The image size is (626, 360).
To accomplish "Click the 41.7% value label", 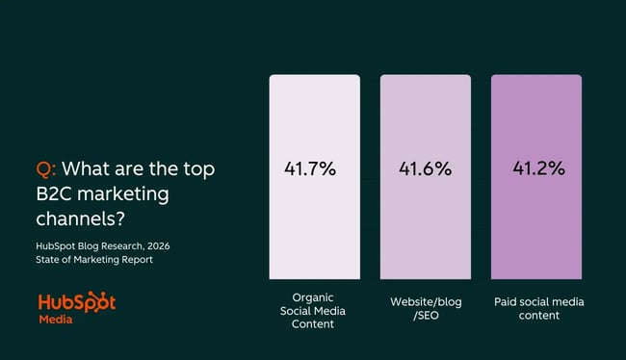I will (x=309, y=168).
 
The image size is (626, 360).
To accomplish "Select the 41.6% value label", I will (x=425, y=168).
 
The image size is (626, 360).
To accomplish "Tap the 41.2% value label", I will (x=537, y=168).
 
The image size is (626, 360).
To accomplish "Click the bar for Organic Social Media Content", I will (x=314, y=221).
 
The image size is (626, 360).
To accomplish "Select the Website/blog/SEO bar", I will (x=426, y=221).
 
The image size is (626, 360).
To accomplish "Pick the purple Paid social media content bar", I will (x=536, y=221).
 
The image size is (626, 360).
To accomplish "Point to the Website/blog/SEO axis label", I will (x=426, y=307).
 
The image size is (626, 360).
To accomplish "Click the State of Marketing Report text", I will (x=94, y=260).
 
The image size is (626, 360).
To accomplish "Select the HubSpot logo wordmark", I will (x=77, y=301).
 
